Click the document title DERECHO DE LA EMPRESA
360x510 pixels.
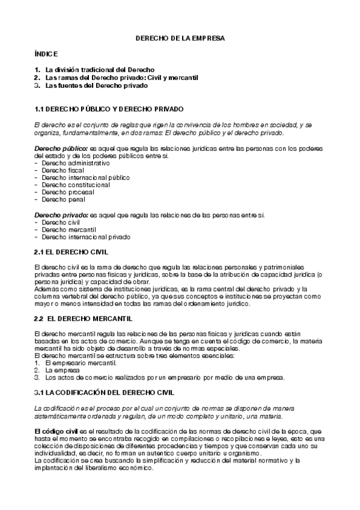[x=180, y=38]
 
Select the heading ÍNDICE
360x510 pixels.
[x=46, y=54]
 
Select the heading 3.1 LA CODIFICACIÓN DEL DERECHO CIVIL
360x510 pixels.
[x=105, y=392]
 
